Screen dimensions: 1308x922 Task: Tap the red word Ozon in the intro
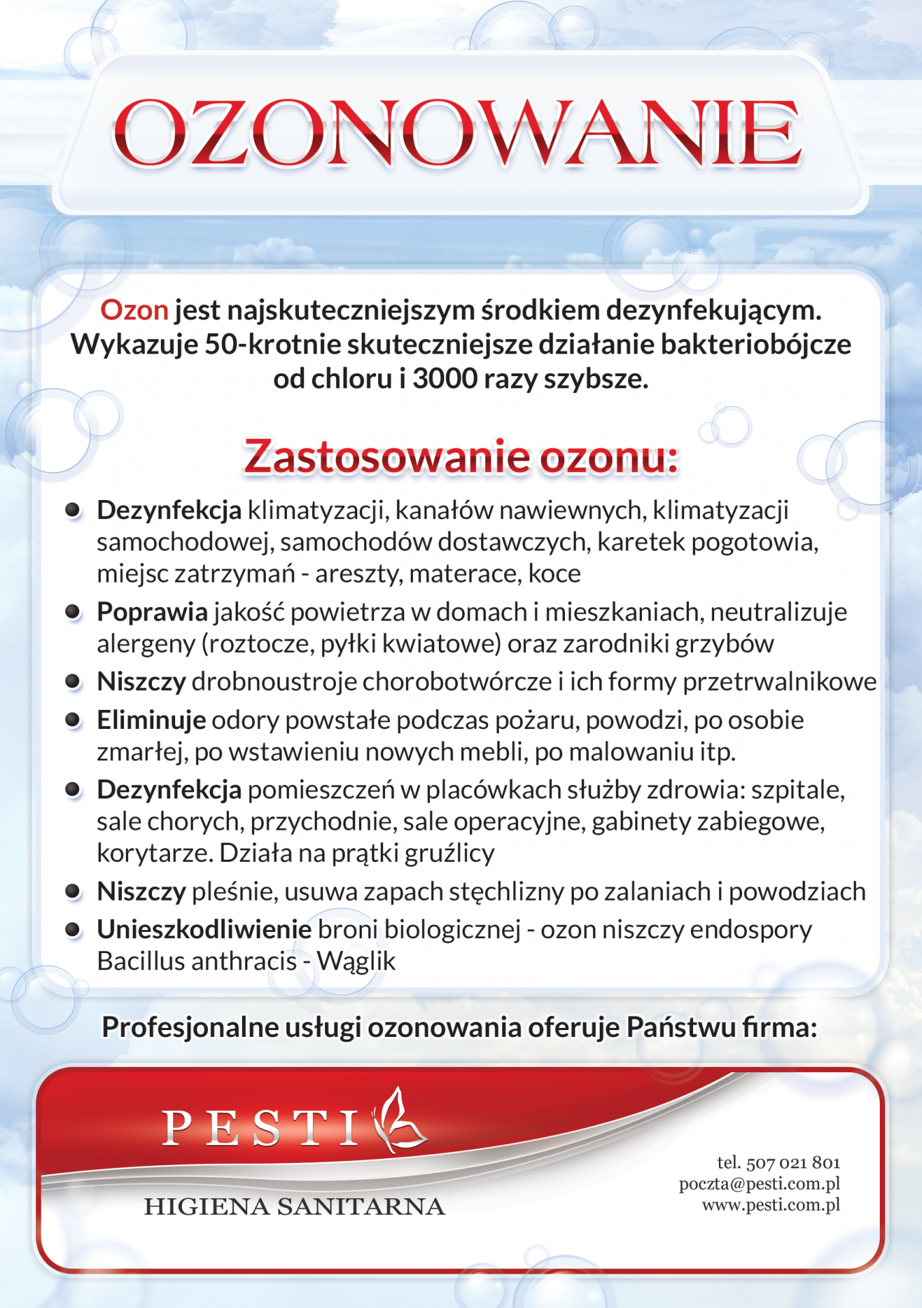[134, 311]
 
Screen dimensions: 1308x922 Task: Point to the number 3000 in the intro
[445, 379]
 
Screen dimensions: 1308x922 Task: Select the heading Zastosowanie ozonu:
[461, 456]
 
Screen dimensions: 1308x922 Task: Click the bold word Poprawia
[152, 612]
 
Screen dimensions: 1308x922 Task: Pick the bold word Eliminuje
[151, 720]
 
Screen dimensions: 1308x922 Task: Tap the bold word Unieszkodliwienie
[204, 929]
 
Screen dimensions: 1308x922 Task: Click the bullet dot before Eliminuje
[73, 720]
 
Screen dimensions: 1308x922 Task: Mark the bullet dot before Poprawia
[73, 612]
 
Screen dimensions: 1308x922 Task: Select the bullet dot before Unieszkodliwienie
[73, 929]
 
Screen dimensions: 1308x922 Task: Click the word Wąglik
[356, 961]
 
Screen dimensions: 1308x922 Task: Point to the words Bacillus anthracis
[197, 961]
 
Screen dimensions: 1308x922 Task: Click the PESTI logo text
[261, 1127]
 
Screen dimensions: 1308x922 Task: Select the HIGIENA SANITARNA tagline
[294, 1206]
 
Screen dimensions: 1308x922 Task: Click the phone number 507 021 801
[793, 1163]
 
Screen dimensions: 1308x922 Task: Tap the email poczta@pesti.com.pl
[759, 1184]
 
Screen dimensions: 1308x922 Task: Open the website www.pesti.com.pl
[771, 1205]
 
